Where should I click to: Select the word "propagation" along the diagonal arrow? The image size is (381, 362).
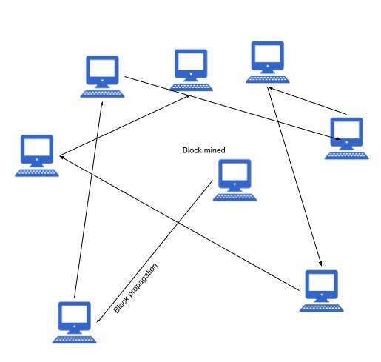(143, 281)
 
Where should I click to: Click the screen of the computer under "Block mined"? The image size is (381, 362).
(235, 172)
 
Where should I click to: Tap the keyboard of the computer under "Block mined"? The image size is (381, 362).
(235, 198)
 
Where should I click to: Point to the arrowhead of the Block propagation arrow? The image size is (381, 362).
(98, 320)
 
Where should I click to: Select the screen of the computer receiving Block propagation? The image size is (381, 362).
(74, 314)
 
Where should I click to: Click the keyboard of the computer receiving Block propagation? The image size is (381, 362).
(74, 340)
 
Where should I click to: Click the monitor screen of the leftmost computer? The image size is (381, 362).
(37, 147)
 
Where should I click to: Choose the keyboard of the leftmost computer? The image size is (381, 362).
(37, 173)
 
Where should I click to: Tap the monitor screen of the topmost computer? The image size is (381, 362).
(268, 54)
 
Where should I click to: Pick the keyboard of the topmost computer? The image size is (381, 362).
(268, 79)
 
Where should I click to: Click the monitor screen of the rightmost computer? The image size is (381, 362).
(346, 130)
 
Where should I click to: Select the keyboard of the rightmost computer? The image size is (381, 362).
(346, 155)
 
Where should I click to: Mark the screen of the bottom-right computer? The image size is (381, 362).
(321, 283)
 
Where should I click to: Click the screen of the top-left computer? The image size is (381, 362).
(102, 68)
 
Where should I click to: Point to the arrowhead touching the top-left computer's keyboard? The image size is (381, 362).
(101, 104)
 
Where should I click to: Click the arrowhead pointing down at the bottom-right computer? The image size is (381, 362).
(320, 264)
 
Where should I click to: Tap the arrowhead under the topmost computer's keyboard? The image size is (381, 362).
(270, 88)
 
